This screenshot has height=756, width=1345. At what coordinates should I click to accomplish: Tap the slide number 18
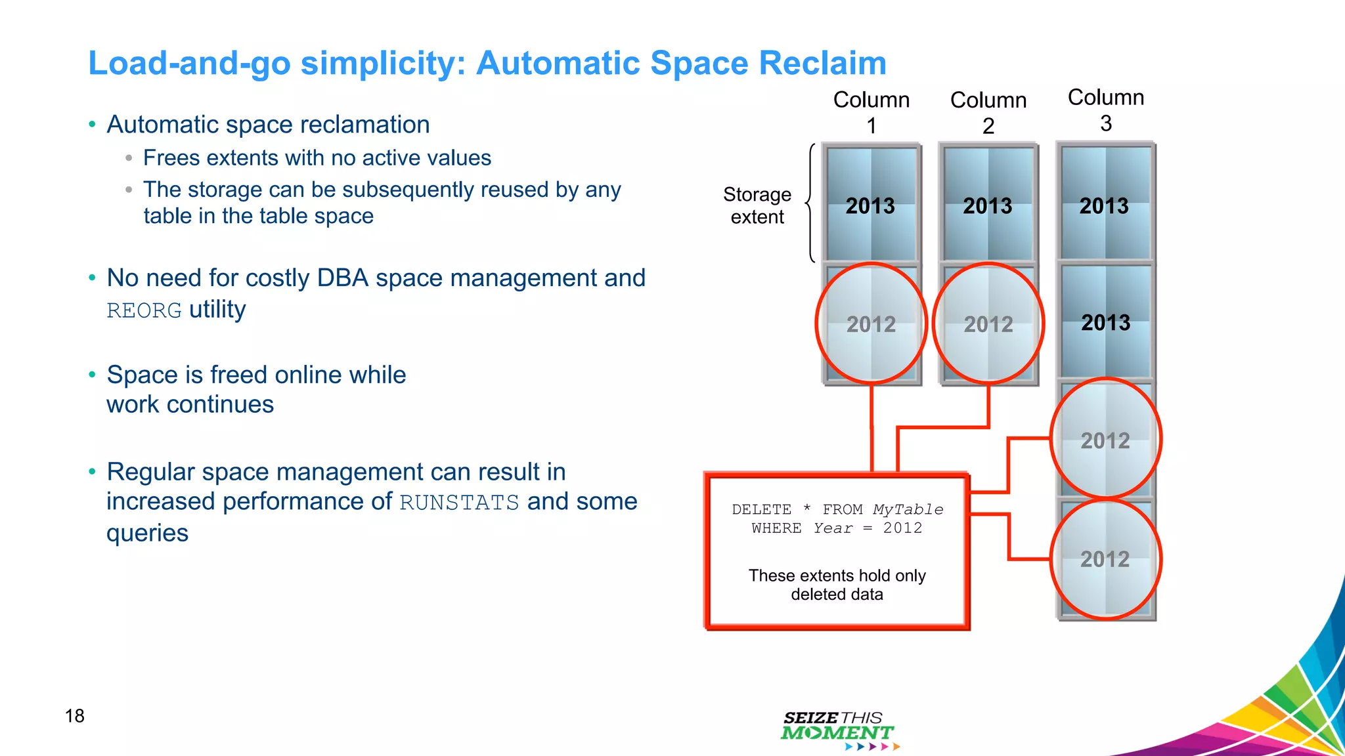[75, 715]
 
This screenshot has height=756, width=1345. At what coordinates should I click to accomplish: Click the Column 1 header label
[871, 112]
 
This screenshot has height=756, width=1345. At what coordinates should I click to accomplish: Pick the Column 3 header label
[1106, 110]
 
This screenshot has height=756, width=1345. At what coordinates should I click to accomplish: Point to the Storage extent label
[757, 205]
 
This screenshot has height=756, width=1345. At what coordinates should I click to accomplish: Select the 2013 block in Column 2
[988, 205]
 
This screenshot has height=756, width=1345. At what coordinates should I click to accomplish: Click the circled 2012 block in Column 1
[871, 324]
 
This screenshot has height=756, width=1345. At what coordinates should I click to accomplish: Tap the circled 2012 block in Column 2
[988, 324]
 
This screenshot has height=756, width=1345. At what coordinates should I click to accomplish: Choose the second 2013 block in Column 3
[1106, 322]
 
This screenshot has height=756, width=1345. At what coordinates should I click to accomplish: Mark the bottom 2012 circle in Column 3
[1106, 559]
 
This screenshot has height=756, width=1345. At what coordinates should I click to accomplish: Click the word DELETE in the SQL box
[761, 509]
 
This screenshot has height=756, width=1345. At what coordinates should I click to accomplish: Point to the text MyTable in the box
[908, 509]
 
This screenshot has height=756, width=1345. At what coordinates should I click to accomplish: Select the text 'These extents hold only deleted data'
[837, 585]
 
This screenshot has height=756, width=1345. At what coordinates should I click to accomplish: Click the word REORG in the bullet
[144, 310]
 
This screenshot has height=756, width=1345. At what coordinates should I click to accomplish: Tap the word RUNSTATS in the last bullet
[459, 503]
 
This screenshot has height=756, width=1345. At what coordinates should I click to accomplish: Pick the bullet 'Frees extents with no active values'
[317, 158]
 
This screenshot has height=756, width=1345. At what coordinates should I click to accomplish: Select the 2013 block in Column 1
[871, 205]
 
